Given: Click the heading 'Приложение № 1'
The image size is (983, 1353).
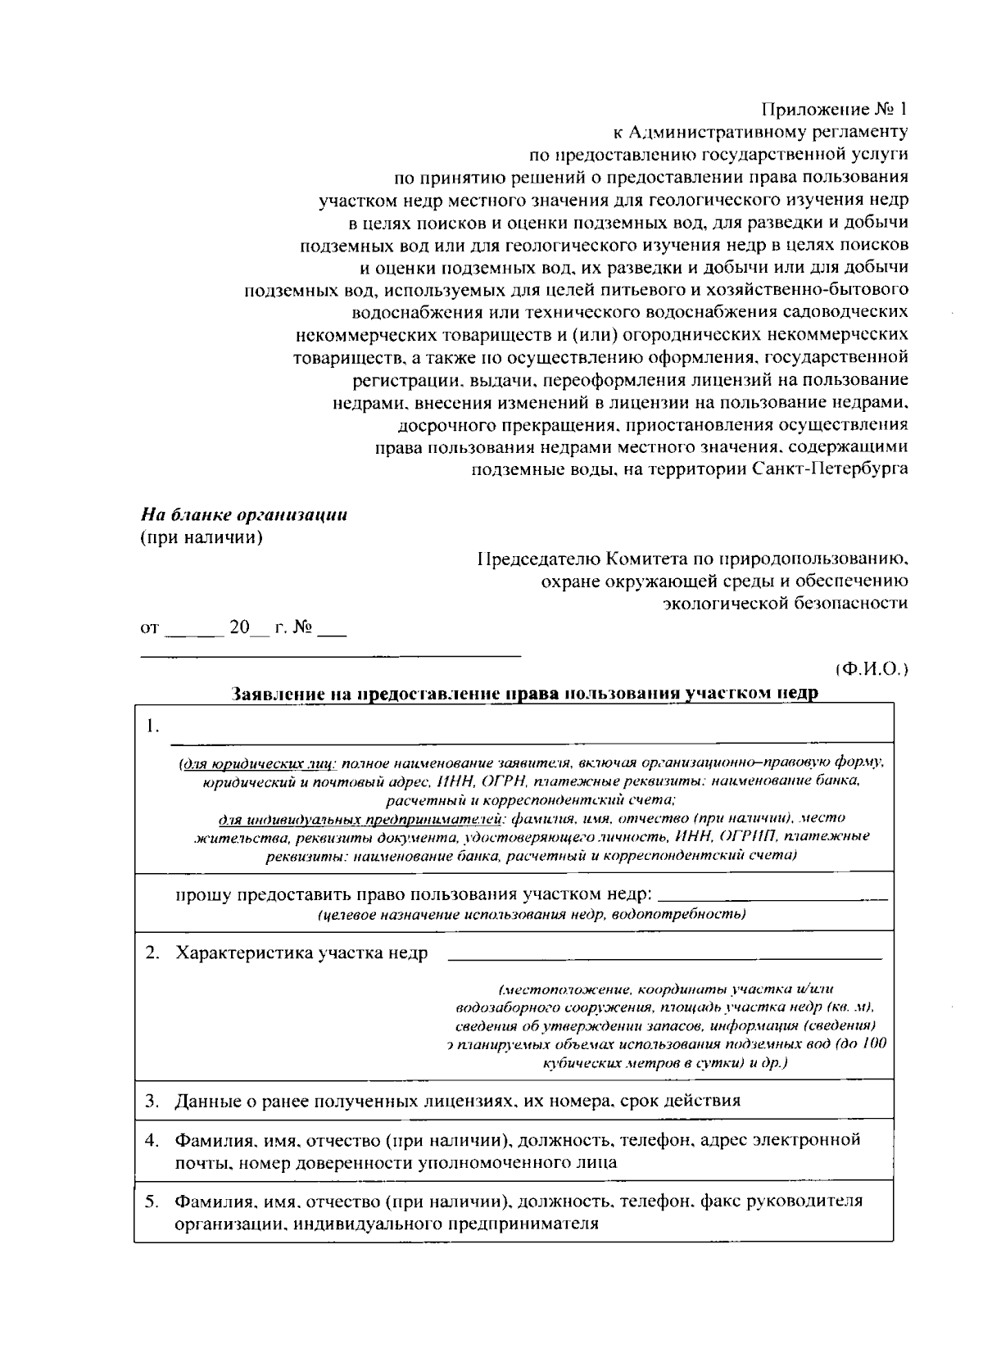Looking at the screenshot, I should (835, 109).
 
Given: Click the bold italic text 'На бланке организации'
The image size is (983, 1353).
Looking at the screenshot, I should (243, 515).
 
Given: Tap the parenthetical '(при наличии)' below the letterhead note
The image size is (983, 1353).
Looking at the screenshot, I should (201, 538).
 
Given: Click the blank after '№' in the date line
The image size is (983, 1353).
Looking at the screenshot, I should (332, 631).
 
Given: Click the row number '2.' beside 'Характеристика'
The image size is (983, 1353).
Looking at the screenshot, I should (152, 953).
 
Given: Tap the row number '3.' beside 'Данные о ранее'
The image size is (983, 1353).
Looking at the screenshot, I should (152, 1101).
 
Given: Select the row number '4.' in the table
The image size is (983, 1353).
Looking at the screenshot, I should (152, 1140).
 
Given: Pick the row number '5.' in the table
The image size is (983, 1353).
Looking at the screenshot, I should (152, 1201).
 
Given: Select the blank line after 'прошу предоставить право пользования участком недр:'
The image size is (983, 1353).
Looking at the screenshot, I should (772, 898).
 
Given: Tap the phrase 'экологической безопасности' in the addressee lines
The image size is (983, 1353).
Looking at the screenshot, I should (785, 604).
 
